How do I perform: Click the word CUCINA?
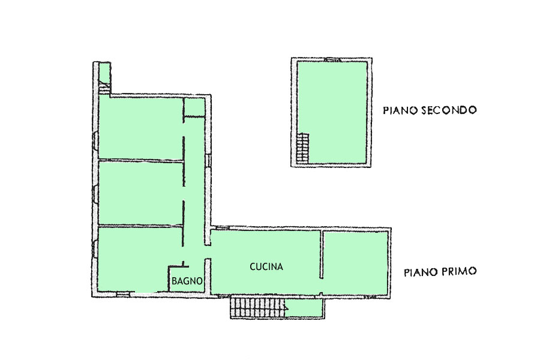pos(266,266)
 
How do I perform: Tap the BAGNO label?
pos(187,281)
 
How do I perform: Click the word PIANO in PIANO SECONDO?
pos(400,110)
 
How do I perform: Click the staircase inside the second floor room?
pos(303,148)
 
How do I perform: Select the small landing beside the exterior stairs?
pos(304,308)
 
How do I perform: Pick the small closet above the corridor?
pos(194,107)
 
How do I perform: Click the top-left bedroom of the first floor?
pos(140,128)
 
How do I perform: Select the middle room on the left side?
pos(140,193)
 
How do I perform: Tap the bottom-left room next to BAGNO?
pos(133,259)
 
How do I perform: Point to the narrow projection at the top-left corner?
pos(104,77)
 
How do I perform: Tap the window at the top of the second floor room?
pos(332,59)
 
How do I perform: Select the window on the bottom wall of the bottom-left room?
pos(122,294)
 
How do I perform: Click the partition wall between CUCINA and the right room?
pos(321,254)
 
